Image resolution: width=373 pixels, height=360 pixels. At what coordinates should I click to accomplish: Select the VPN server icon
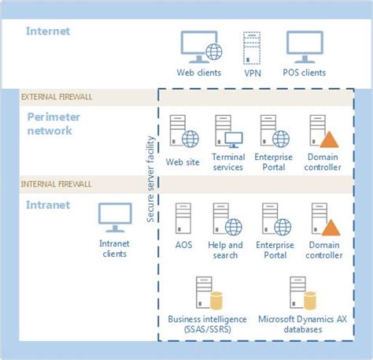click(252, 48)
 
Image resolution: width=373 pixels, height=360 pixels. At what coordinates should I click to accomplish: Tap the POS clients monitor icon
click(303, 47)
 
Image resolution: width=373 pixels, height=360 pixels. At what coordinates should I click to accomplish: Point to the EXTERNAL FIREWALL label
click(57, 97)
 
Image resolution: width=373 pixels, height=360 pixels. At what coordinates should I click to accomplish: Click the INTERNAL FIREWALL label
click(56, 184)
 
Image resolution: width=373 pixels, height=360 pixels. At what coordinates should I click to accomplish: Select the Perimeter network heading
click(56, 124)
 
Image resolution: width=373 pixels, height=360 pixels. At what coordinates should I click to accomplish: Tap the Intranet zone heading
click(48, 205)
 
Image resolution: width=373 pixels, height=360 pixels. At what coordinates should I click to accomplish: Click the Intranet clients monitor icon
click(114, 217)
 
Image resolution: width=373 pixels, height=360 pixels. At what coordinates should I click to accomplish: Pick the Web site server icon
click(183, 132)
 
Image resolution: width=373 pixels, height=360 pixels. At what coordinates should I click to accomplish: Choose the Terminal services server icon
click(227, 132)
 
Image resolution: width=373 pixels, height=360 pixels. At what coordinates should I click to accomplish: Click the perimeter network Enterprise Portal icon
click(272, 132)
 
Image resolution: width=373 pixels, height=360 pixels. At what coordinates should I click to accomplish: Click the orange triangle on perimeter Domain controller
click(331, 139)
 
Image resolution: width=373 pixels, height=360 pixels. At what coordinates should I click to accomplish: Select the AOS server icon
click(182, 221)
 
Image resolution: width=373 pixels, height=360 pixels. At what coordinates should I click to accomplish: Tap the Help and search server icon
click(227, 221)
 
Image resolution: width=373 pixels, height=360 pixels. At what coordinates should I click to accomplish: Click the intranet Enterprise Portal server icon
click(272, 221)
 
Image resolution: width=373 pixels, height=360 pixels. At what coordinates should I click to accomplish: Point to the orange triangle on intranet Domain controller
click(331, 228)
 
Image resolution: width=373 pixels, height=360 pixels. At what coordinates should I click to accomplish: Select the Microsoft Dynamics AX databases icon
click(301, 294)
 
